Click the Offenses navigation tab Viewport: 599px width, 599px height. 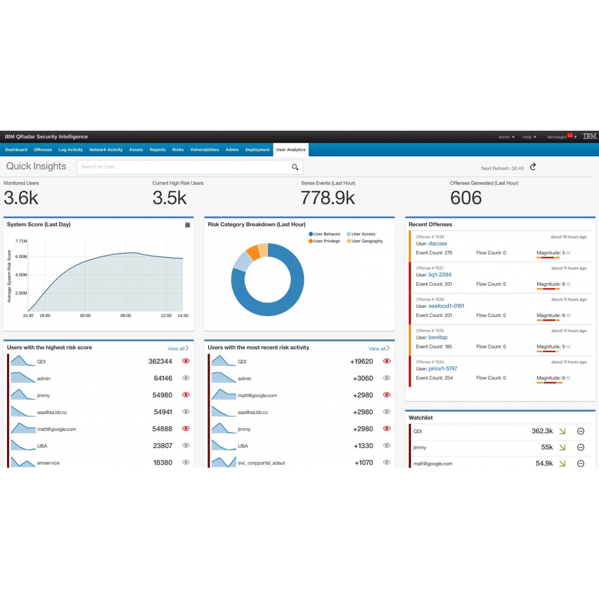click(x=43, y=150)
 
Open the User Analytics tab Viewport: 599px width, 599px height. click(x=291, y=150)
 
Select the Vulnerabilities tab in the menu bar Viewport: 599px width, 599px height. click(x=204, y=150)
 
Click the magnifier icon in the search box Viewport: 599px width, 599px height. click(x=295, y=167)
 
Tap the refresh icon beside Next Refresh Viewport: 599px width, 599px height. click(x=533, y=167)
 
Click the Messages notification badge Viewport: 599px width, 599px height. click(x=570, y=135)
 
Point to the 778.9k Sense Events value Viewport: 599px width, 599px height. click(x=328, y=198)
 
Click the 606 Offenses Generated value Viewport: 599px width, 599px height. click(x=466, y=198)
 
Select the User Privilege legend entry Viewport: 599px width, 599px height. click(x=326, y=241)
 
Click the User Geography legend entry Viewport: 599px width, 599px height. click(x=366, y=241)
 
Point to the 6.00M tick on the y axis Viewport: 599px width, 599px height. click(x=21, y=256)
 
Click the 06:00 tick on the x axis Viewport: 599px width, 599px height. click(x=126, y=316)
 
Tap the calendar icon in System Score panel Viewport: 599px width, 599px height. click(x=187, y=225)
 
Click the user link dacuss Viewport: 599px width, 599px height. click(x=437, y=243)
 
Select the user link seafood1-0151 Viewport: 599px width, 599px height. click(x=446, y=306)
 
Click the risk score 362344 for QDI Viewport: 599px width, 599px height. click(x=160, y=362)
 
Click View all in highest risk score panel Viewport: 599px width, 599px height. click(x=178, y=349)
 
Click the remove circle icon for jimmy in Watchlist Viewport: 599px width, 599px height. click(x=580, y=448)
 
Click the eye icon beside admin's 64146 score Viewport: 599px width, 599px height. click(x=186, y=378)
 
